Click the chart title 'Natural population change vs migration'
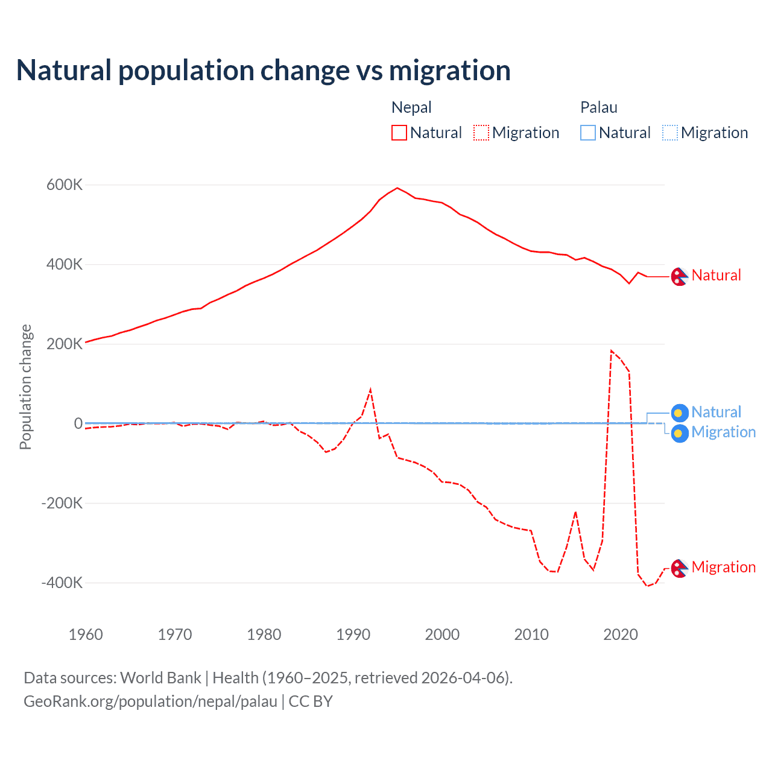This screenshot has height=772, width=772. tap(264, 71)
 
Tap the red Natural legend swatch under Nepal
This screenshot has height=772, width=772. tap(399, 133)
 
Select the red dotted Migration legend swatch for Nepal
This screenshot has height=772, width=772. tap(481, 133)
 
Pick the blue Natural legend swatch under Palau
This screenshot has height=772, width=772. tap(587, 133)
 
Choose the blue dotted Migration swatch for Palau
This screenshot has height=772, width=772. tap(669, 133)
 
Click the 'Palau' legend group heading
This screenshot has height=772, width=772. tap(598, 107)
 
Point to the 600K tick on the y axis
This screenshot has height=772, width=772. tap(64, 185)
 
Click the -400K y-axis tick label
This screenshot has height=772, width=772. tap(62, 583)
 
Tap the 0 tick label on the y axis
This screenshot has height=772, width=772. tap(78, 423)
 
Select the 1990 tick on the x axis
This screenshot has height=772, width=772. tap(353, 634)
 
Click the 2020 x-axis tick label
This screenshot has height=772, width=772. tap(621, 634)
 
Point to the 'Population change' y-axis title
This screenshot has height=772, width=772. tap(25, 387)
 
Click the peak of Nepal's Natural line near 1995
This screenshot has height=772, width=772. tap(397, 188)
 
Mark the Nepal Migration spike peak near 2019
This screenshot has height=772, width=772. tap(612, 350)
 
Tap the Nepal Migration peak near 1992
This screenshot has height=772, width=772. tap(370, 390)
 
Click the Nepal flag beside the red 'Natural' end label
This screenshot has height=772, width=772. tap(680, 276)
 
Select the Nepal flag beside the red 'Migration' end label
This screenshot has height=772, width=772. tap(680, 568)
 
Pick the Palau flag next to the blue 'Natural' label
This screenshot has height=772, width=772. tap(680, 413)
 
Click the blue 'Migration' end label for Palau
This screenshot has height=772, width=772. tap(723, 432)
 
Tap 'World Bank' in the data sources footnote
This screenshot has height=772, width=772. tap(160, 678)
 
